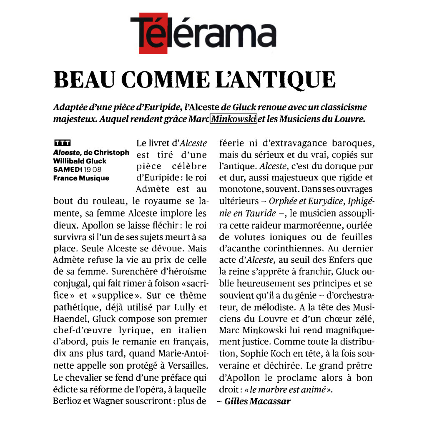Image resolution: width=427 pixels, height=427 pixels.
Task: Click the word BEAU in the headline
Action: pos(83,80)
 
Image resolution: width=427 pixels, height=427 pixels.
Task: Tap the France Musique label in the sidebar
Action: pos(81,178)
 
